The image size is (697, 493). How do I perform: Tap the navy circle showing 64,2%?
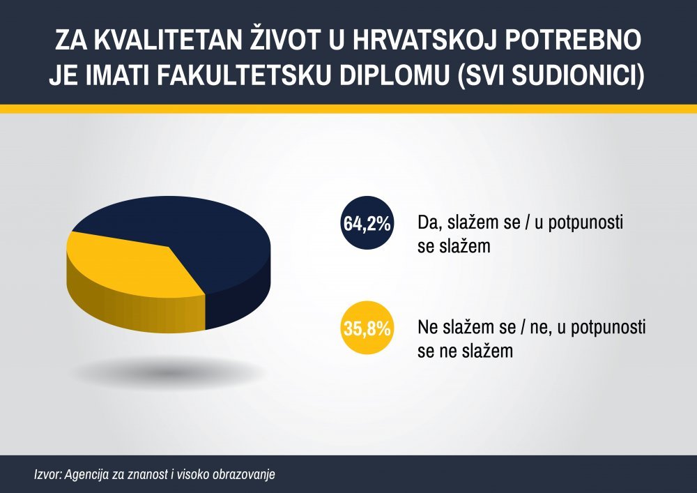(367, 222)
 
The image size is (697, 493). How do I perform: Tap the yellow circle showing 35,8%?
(367, 328)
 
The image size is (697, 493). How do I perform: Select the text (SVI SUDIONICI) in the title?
(551, 75)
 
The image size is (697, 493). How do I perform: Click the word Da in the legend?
(429, 222)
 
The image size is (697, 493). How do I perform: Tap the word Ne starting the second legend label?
(429, 328)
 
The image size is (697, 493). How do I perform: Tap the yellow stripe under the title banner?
(348, 109)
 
